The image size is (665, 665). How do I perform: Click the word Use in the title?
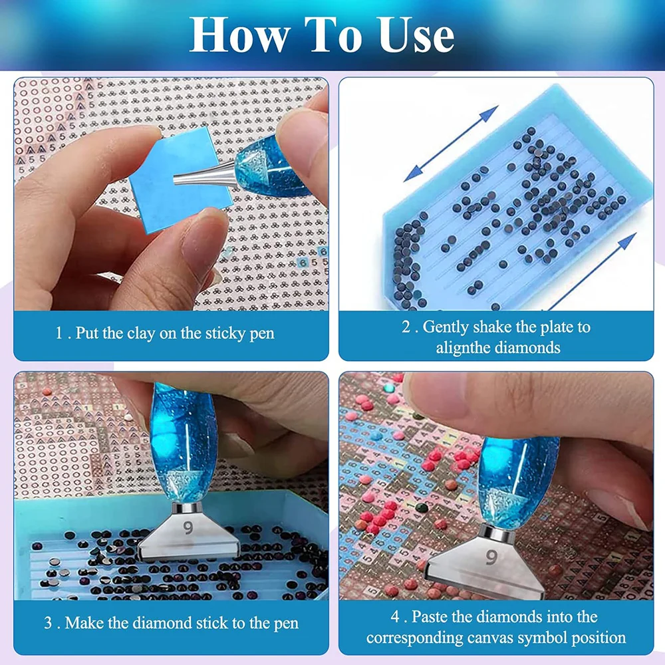(416, 36)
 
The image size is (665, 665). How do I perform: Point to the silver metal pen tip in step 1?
(203, 174)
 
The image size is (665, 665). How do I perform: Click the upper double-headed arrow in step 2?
(451, 144)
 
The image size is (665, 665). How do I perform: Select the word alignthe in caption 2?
(464, 348)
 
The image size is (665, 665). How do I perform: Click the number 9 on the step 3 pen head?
(188, 527)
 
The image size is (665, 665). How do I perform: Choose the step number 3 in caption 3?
(48, 624)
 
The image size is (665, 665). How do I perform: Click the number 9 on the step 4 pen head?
(491, 557)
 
